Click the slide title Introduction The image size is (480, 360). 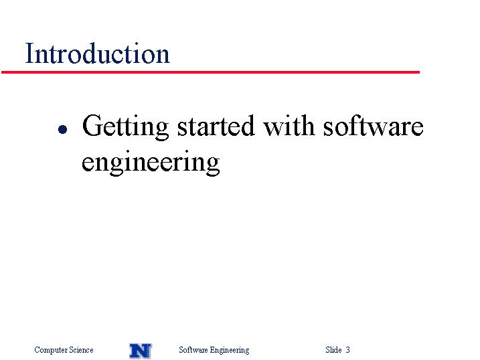pyautogui.click(x=97, y=54)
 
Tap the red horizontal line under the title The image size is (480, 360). pyautogui.click(x=210, y=72)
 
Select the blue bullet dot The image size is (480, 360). pyautogui.click(x=62, y=129)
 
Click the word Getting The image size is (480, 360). pyautogui.click(x=125, y=126)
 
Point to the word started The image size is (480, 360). pyautogui.click(x=216, y=126)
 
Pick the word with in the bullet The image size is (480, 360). pyautogui.click(x=289, y=125)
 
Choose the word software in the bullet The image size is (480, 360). pyautogui.click(x=373, y=125)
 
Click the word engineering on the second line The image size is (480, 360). pyautogui.click(x=151, y=163)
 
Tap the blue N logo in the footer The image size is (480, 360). pyautogui.click(x=140, y=351)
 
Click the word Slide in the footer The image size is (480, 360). pyautogui.click(x=333, y=349)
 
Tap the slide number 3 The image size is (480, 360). pyautogui.click(x=347, y=349)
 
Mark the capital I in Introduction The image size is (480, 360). pyautogui.click(x=29, y=54)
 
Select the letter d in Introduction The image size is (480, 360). pyautogui.click(x=90, y=54)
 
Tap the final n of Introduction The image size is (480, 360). pyautogui.click(x=162, y=57)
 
